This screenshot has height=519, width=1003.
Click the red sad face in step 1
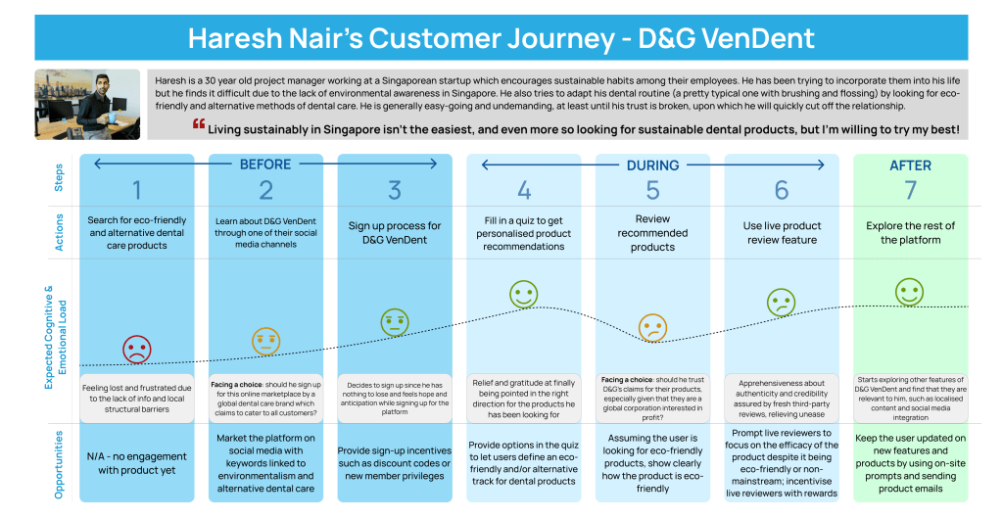(x=137, y=349)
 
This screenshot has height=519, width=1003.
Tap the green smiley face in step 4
(x=524, y=294)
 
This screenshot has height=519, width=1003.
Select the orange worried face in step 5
(x=652, y=327)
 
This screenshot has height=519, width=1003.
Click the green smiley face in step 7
(x=910, y=291)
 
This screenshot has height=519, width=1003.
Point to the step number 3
(x=395, y=189)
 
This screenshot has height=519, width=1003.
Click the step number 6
(x=781, y=189)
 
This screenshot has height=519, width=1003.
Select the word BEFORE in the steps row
(x=265, y=165)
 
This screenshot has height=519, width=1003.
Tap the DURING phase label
(x=652, y=165)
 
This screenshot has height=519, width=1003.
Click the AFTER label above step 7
(x=910, y=165)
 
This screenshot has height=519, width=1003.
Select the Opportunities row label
(x=59, y=464)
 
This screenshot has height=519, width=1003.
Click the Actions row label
(x=59, y=232)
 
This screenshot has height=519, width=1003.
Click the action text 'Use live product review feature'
(x=781, y=233)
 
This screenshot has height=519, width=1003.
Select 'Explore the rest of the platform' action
(x=910, y=233)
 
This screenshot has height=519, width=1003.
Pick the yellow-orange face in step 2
(x=265, y=340)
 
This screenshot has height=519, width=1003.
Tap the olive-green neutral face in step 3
(x=395, y=320)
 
